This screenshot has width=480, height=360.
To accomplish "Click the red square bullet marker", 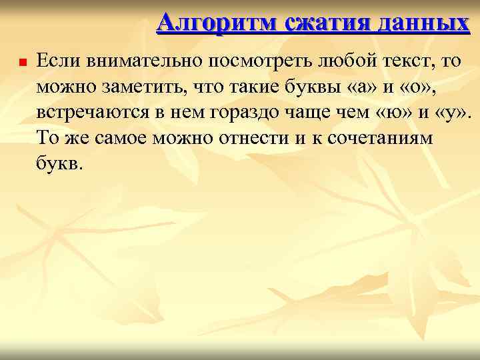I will click(22, 64).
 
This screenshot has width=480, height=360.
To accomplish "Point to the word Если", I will click(55, 61).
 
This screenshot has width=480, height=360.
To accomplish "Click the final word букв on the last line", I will click(58, 163).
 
